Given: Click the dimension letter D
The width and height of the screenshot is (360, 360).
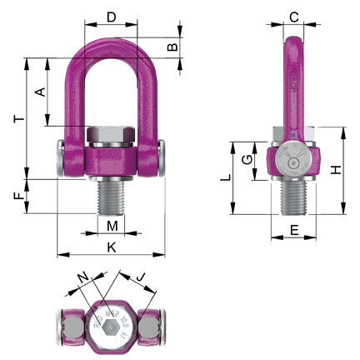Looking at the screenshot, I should coord(112,16).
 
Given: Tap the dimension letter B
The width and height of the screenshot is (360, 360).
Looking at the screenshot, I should coord(172,47).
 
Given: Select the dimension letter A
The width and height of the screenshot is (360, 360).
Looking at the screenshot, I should coord(38,92).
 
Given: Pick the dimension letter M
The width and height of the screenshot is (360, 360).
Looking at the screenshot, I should coord(112,225).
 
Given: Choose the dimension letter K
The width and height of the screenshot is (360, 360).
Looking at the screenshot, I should coord(112,247).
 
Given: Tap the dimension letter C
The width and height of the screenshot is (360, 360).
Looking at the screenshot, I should coord(293,16).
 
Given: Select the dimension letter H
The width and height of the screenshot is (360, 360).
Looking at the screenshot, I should coord(335,170).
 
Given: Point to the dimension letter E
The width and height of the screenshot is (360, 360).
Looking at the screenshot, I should coord(293,227).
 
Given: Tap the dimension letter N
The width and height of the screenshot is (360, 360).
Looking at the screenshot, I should coord(81,275).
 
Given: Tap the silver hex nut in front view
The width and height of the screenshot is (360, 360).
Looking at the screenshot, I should coord(112,135).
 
